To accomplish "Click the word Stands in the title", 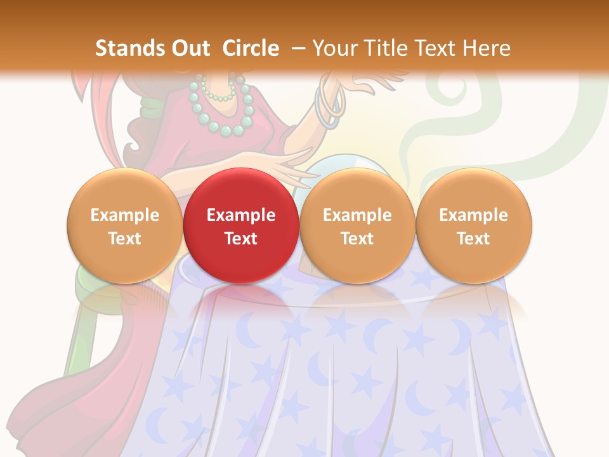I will (125, 48).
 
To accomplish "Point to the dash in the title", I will (298, 48).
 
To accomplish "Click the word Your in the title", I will (333, 48).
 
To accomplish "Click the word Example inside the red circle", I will (241, 215).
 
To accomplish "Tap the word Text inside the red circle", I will (241, 239).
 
